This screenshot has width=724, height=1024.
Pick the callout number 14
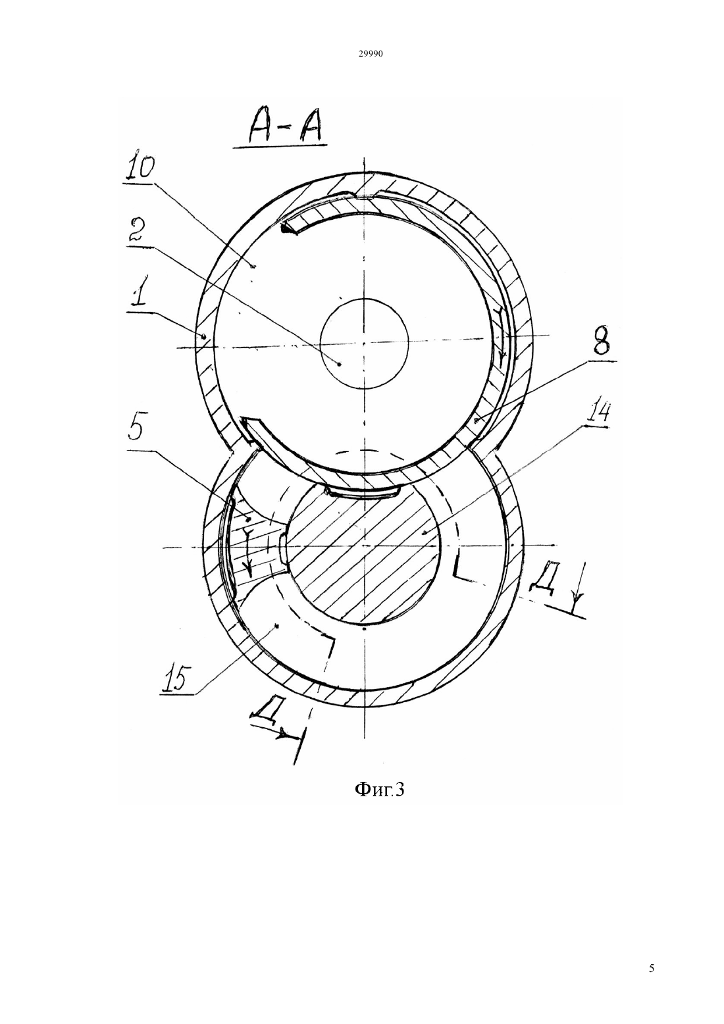click(x=599, y=414)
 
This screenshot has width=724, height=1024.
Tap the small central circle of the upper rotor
click(x=364, y=344)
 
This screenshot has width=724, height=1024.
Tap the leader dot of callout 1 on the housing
click(x=204, y=336)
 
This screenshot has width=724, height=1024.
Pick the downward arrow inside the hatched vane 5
click(x=247, y=554)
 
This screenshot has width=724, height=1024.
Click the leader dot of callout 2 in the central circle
click(x=339, y=363)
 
